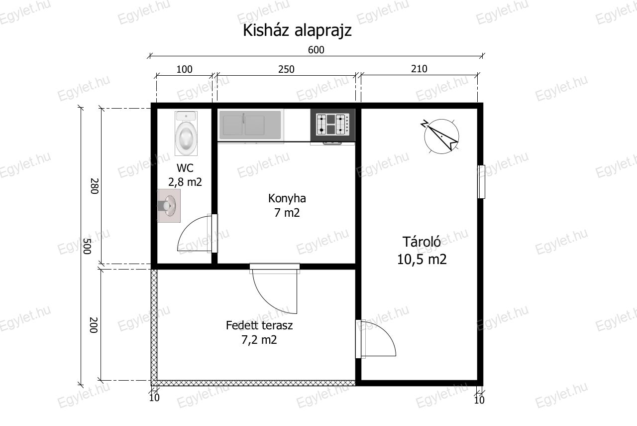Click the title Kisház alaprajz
297,30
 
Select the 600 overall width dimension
316,50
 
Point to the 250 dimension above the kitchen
286,69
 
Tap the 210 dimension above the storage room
419,69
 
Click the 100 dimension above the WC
184,69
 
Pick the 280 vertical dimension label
95,186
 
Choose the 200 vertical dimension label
93,325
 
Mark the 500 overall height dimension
87,246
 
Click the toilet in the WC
186,133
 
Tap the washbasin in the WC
169,206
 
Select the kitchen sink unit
250,125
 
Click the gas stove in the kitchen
332,125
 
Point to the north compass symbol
441,137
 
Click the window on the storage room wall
481,182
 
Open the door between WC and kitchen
198,234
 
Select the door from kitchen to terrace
275,288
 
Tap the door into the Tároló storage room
375,339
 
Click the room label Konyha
287,198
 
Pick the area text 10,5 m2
422,260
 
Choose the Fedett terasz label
259,325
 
